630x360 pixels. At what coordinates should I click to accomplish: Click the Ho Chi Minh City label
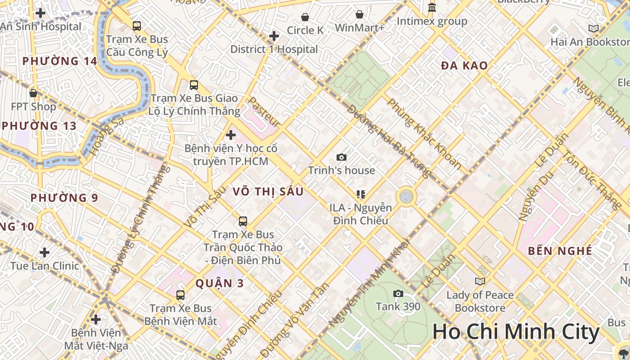click(516, 332)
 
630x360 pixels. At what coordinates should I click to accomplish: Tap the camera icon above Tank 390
click(398, 294)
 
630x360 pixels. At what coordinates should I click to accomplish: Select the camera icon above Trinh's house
click(342, 157)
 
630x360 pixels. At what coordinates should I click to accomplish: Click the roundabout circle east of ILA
click(406, 196)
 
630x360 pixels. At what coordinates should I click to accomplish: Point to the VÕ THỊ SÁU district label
click(268, 192)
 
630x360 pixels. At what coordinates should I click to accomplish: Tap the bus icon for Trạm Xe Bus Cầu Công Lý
click(137, 26)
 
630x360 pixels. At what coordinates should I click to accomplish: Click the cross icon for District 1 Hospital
click(274, 36)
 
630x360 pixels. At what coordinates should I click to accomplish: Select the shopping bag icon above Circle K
click(305, 17)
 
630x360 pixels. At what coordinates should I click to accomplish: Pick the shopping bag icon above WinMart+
click(360, 15)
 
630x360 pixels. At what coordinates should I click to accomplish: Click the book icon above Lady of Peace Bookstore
click(480, 281)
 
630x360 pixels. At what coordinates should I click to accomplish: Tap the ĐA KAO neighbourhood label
click(464, 66)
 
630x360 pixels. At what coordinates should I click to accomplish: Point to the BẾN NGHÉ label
click(560, 251)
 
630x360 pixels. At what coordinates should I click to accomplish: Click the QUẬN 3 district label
click(220, 283)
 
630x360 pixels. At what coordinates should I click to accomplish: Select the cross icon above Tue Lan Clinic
click(44, 252)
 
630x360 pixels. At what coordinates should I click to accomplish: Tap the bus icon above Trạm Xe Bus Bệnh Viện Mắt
click(180, 295)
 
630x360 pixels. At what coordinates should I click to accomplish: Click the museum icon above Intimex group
click(432, 8)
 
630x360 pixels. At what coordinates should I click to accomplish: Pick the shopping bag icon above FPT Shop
click(33, 93)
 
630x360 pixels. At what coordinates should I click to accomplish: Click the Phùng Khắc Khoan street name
click(424, 134)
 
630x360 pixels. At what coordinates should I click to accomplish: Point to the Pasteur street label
click(265, 112)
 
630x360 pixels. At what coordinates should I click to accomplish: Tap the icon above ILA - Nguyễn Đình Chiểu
click(360, 194)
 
